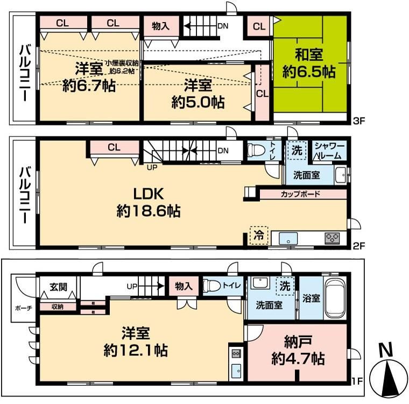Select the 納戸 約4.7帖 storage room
[297, 350]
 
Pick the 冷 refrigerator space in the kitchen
[259, 235]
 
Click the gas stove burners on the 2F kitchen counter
[332, 237]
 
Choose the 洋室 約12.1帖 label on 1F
[135, 342]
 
